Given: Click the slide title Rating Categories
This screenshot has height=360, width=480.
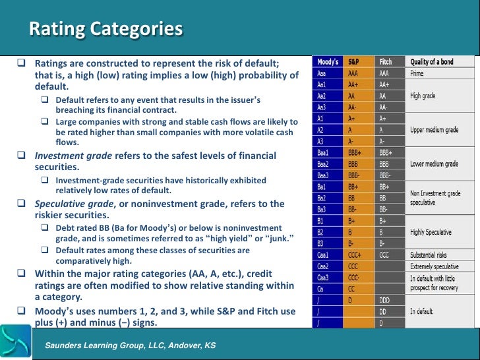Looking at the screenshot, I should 105,29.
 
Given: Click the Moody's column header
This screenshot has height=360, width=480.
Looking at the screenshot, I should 327,62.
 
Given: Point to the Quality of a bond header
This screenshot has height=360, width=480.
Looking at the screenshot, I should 433,62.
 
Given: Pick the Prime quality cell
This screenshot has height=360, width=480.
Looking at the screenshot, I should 417,73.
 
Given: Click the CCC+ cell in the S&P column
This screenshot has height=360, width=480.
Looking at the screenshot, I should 357,253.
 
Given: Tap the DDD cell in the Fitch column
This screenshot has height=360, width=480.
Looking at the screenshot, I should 386,300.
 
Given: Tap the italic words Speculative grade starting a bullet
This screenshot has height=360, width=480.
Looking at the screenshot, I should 73,204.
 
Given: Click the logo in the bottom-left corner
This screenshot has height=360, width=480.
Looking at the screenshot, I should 16,340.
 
